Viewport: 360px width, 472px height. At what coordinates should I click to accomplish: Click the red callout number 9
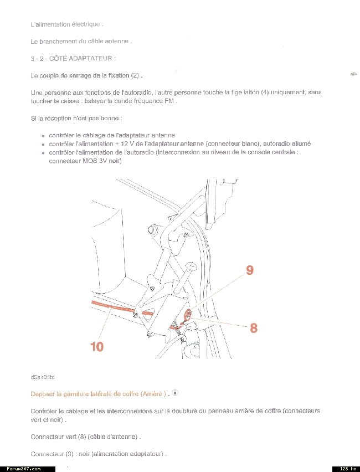(x=249, y=270)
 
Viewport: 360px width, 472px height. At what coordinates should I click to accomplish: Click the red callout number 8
(x=254, y=327)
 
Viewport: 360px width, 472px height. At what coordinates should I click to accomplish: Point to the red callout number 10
(x=97, y=346)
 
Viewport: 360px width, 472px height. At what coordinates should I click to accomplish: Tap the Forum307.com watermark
(x=24, y=469)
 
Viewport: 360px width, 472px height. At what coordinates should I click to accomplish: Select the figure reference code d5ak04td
(x=43, y=377)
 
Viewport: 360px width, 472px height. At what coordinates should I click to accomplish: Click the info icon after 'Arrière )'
(x=175, y=393)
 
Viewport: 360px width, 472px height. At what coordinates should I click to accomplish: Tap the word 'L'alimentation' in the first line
(x=50, y=24)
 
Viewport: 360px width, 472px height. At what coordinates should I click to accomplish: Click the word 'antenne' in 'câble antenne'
(x=118, y=42)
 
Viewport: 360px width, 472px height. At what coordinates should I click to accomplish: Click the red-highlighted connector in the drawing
(x=188, y=316)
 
